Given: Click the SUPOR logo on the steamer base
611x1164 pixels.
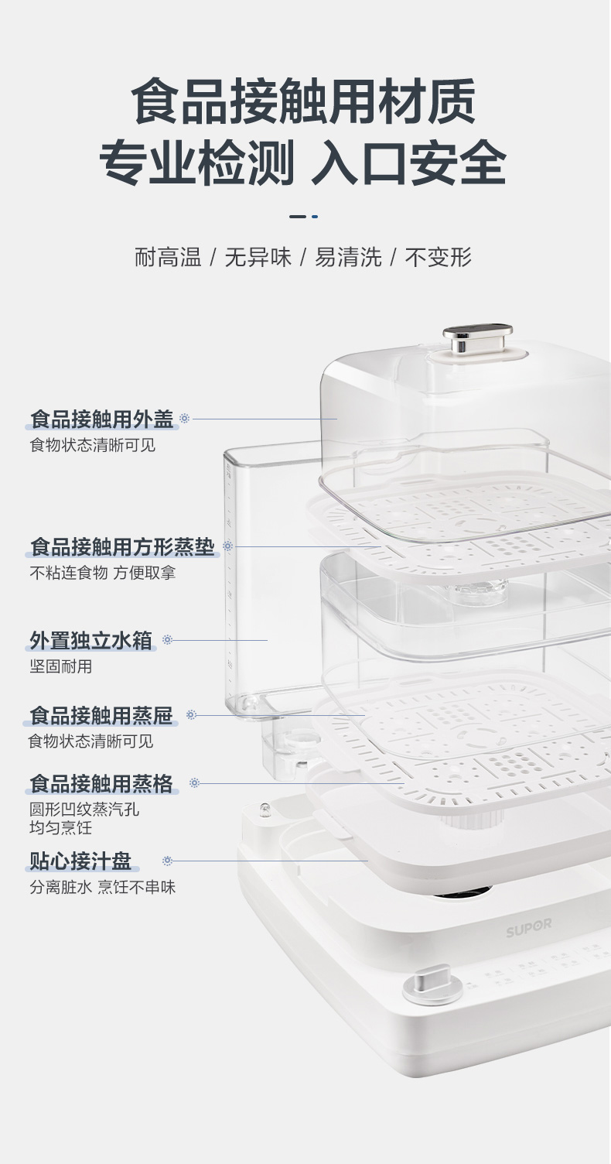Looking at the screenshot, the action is (529, 926).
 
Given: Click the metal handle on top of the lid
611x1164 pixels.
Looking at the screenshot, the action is (477, 337).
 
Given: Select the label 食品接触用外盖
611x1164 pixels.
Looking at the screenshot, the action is (101, 419).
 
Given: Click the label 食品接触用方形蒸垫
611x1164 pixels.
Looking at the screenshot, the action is (122, 546).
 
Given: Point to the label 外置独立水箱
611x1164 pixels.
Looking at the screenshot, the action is (91, 640).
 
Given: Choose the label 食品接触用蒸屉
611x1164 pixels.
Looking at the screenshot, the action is (101, 715).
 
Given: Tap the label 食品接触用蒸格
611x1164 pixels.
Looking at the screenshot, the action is (101, 783).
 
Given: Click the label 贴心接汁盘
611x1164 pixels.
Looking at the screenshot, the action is (80, 861).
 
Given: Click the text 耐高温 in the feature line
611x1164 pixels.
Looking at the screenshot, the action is (168, 258).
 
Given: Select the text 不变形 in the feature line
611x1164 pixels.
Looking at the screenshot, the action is (439, 258).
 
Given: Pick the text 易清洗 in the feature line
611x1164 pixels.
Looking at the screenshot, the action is (348, 258).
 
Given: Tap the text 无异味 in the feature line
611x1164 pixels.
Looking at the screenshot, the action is (258, 258).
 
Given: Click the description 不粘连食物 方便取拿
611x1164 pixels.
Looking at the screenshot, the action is (108, 573).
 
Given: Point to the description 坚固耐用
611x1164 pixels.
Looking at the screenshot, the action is (60, 666).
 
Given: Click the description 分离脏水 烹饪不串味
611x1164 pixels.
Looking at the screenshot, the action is (102, 887).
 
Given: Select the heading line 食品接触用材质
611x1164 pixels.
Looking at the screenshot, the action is (304, 101).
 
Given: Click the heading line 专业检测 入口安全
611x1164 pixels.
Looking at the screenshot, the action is (303, 162).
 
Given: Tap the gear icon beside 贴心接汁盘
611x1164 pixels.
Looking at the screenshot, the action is (167, 861).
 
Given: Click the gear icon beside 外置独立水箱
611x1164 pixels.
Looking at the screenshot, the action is (167, 640).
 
